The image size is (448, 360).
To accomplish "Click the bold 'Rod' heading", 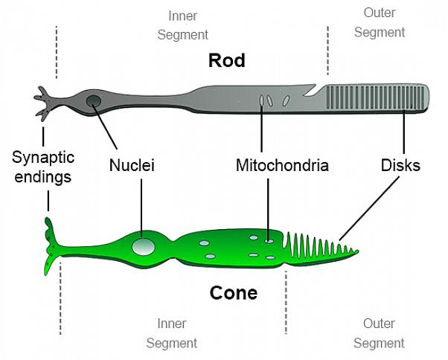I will (x=227, y=60).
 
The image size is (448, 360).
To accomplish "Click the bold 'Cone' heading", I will (x=233, y=293).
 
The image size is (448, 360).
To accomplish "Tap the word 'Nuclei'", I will (x=132, y=165).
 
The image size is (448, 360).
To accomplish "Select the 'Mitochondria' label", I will (x=282, y=165).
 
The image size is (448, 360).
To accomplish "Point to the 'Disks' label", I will (x=400, y=165).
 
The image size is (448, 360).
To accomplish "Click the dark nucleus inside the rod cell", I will (x=94, y=101).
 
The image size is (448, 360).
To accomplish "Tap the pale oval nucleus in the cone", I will (x=143, y=245).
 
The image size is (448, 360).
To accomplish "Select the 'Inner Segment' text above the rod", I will (x=188, y=25).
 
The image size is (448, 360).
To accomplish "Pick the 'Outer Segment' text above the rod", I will (x=380, y=22).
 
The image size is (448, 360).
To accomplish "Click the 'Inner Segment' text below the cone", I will (x=171, y=333).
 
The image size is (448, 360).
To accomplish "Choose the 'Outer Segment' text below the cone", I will (x=379, y=333).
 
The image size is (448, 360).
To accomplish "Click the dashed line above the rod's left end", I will (x=57, y=52).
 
